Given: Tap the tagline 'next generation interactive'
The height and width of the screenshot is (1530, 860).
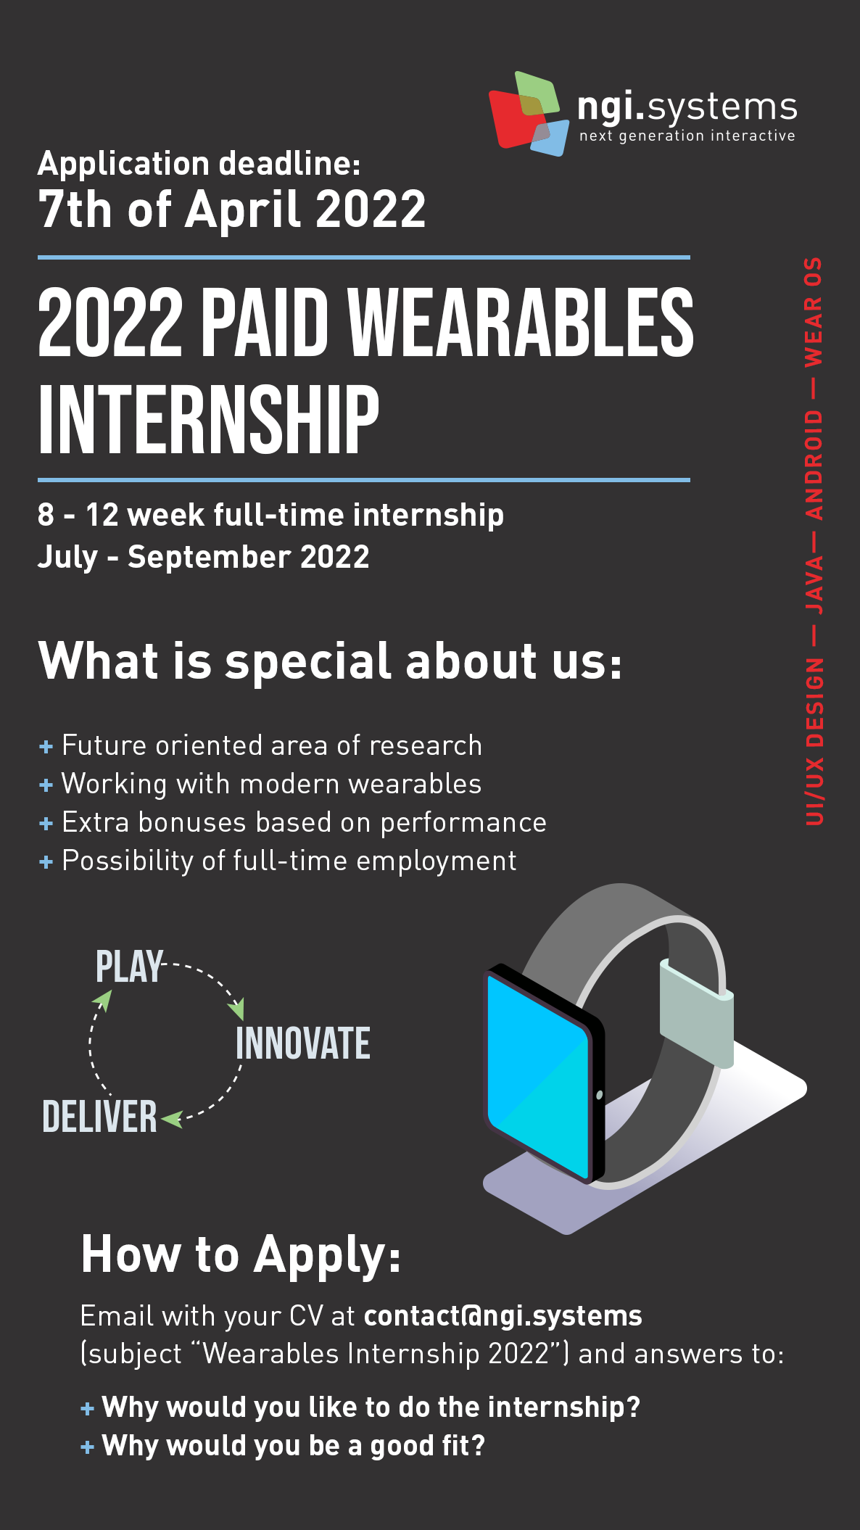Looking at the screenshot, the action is tap(687, 136).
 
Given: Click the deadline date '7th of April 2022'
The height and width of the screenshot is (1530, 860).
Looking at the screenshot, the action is tap(232, 210).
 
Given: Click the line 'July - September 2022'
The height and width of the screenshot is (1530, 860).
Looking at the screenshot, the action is tap(204, 557).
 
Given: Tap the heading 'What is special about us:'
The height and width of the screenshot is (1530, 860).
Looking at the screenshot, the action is tap(331, 661).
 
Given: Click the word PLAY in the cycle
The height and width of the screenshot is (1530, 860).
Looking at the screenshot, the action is tap(129, 967).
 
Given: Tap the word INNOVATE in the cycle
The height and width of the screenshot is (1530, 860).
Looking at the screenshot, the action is tap(303, 1043).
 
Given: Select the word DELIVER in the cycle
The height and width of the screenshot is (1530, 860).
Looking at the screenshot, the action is tap(99, 1117).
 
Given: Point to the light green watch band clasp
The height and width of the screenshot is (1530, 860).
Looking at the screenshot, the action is tap(696, 1015).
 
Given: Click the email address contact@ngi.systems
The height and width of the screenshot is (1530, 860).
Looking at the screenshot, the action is tap(503, 1316).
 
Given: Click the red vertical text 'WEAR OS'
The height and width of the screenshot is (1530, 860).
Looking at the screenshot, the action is tap(814, 312).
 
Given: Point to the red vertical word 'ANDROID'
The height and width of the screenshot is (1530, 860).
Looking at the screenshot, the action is tap(814, 465).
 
